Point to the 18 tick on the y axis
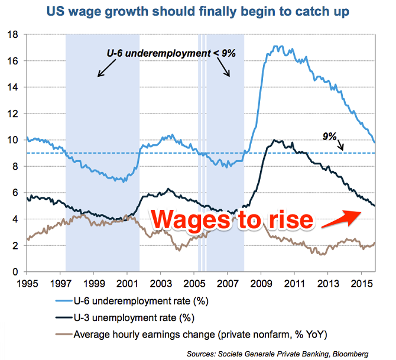click(16, 34)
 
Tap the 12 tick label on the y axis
click(16, 113)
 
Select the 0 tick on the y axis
click(18, 272)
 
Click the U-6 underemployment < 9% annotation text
click(171, 53)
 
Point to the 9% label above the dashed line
click(330, 137)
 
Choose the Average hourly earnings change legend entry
click(197, 333)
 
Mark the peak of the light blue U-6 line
click(277, 46)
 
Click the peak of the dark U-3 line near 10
click(273, 140)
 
